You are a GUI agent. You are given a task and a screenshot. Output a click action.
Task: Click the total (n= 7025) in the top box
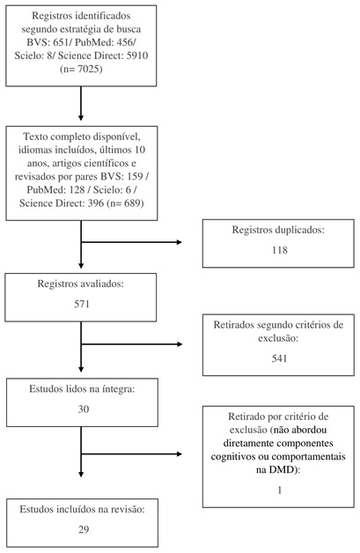point(81,69)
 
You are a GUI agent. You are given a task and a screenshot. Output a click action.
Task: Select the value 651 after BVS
point(62,42)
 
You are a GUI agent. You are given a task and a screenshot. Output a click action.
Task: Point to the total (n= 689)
point(125,203)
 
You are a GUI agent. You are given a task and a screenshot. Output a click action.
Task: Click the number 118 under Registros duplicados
point(280,250)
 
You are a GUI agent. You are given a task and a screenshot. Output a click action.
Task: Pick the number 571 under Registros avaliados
point(82,304)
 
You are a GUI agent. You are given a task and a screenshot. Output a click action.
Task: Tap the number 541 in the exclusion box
point(279,358)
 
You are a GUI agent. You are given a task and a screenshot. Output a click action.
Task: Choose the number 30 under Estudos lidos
point(84,409)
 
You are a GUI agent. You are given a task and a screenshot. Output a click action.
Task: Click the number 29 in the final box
point(84,529)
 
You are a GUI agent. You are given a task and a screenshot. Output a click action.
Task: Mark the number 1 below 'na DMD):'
point(280,490)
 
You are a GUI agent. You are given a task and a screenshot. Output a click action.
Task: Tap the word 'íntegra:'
point(119,389)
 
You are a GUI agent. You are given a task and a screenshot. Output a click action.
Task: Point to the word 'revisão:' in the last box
point(128,509)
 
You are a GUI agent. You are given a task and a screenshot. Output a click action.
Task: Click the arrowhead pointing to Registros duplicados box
point(179,242)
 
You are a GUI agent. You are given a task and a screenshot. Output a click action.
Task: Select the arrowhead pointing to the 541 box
point(179,343)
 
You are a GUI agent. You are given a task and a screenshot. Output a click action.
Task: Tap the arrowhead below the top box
point(81,118)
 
